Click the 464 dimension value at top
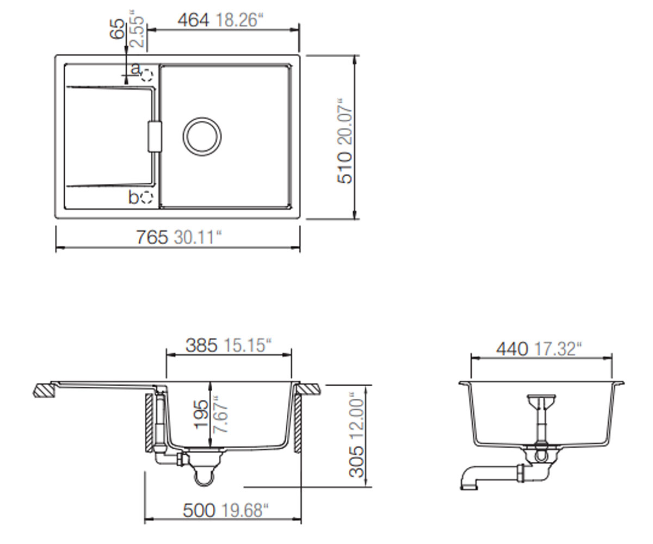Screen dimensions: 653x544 point(193,20)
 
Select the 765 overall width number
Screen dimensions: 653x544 point(152,237)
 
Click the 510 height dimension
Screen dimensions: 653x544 point(345,168)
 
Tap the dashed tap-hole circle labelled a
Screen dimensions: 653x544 point(147,76)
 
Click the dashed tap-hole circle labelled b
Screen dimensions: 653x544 point(147,197)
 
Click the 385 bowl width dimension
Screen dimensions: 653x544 point(201,345)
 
